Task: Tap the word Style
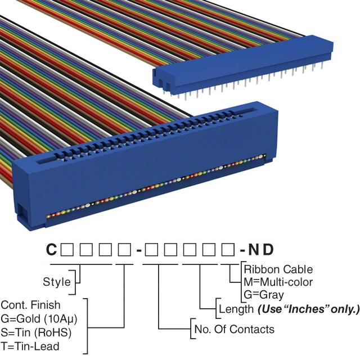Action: (x=56, y=281)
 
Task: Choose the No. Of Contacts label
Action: (x=234, y=329)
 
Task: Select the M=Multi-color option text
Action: (x=278, y=282)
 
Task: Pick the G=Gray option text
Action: (x=264, y=294)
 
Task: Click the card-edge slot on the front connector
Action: (x=146, y=143)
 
